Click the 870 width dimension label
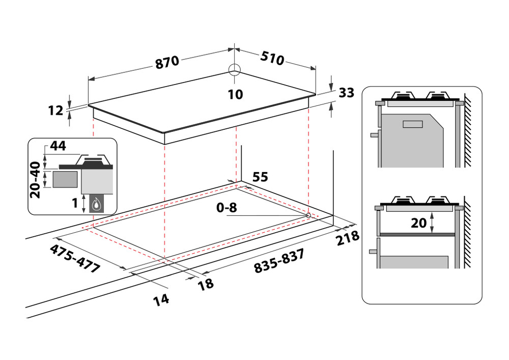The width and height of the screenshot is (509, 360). click(167, 62)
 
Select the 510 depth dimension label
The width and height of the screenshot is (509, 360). click(272, 59)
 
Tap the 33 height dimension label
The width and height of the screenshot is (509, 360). click(346, 93)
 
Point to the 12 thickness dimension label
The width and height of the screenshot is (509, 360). click(55, 110)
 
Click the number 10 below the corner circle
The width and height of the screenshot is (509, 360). click(235, 95)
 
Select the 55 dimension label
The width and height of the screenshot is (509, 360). click(260, 177)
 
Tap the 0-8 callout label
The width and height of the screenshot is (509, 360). click(227, 208)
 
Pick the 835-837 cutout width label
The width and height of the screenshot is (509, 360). click(279, 261)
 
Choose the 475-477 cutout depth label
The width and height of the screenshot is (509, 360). click(75, 259)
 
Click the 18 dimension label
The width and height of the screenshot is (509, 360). click(206, 284)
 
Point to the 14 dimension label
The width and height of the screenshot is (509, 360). click(161, 299)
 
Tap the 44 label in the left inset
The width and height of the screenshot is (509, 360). click(58, 146)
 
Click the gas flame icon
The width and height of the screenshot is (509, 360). click(96, 205)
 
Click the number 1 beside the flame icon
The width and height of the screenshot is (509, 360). click(75, 203)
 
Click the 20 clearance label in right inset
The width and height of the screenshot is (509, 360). click(419, 223)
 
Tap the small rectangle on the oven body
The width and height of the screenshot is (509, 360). click(413, 124)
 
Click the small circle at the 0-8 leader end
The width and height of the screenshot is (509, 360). click(308, 215)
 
